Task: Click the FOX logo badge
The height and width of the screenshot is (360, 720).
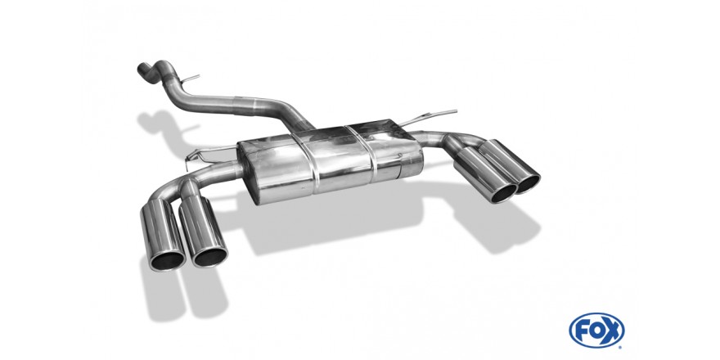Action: (x=596, y=331)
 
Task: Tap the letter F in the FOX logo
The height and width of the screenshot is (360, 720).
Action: (x=581, y=331)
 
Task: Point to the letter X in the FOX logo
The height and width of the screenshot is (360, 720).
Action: (x=612, y=331)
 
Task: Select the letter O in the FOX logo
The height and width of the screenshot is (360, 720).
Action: (x=596, y=331)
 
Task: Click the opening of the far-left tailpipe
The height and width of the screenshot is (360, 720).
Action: (x=167, y=261)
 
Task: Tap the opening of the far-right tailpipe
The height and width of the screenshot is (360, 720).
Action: (x=528, y=183)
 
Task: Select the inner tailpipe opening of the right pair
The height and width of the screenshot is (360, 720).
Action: (x=504, y=193)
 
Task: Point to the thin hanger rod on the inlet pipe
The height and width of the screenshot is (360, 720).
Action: (x=191, y=79)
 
